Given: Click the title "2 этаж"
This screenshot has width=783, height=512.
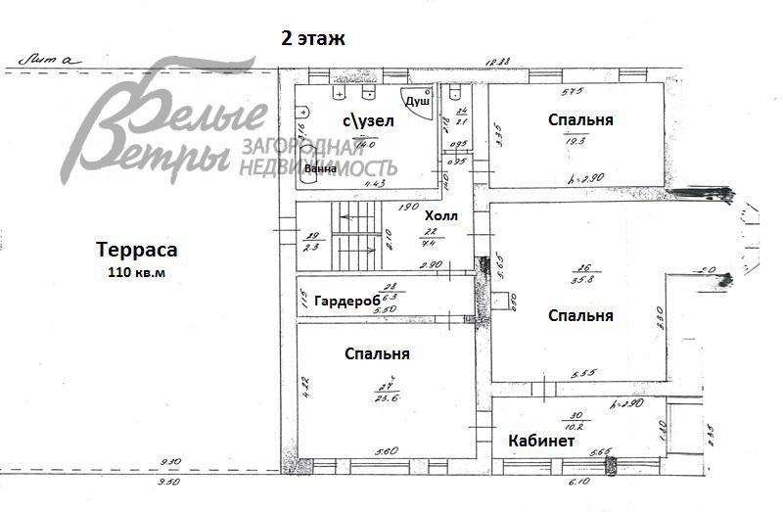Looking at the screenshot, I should (x=314, y=38).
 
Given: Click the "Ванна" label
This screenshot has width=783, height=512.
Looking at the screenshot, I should (x=321, y=168).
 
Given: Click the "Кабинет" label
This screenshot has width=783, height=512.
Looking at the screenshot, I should (x=541, y=442).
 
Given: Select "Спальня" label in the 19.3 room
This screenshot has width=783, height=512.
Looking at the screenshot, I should (x=580, y=119).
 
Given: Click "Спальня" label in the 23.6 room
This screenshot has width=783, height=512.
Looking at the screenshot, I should (x=377, y=353).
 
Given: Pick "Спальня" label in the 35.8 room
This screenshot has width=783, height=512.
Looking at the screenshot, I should (x=580, y=315).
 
